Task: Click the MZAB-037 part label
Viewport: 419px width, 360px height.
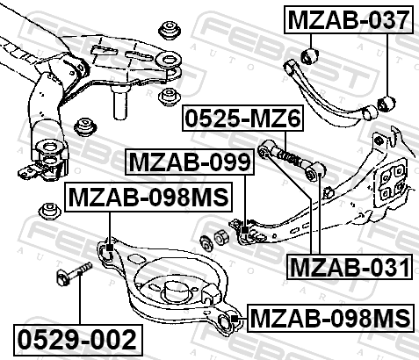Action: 349,19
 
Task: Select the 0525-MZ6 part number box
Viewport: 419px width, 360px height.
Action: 243,118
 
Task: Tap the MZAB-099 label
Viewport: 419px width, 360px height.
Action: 190,162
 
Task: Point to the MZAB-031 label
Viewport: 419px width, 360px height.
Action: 350,267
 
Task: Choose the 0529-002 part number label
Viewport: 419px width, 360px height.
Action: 78,339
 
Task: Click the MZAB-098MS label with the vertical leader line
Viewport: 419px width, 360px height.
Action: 148,197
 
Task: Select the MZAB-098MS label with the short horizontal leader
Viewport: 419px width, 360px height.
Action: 330,318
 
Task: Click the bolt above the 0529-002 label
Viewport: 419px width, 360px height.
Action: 74,274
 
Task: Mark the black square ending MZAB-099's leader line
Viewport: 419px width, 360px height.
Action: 245,230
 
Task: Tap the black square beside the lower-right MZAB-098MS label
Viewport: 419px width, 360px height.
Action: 235,318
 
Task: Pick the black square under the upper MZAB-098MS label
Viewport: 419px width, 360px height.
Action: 110,248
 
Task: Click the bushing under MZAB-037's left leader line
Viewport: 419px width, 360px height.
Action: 310,55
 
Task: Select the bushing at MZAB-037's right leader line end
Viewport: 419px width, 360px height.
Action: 386,104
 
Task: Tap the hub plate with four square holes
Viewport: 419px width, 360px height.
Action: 390,181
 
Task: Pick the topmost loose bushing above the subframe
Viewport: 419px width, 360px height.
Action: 170,30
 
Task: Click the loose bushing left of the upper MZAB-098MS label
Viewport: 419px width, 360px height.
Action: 50,211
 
